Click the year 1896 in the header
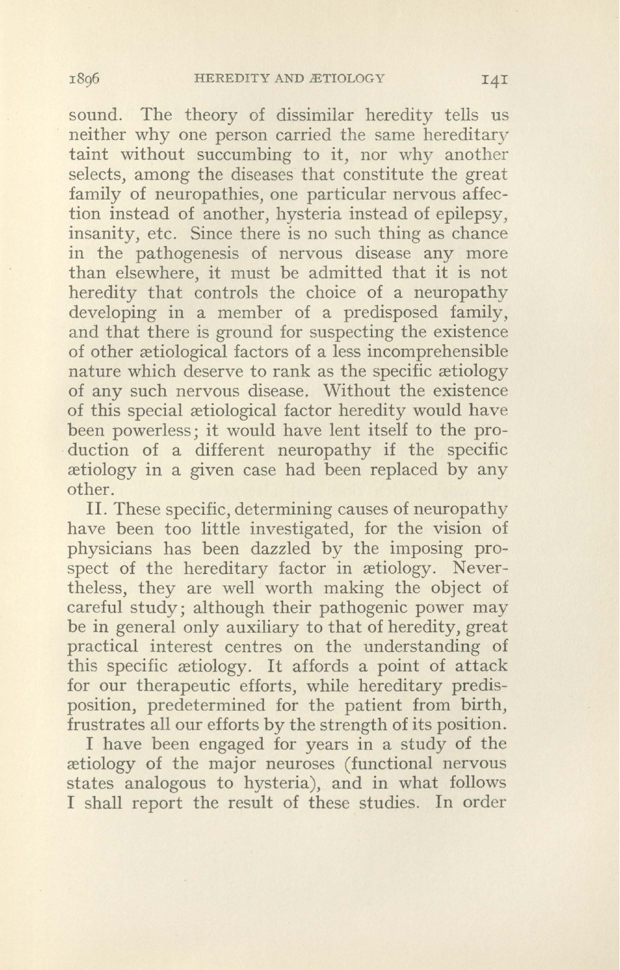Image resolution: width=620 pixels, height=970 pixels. pos(85,79)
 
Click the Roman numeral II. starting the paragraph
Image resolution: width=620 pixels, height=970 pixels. pos(98,510)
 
